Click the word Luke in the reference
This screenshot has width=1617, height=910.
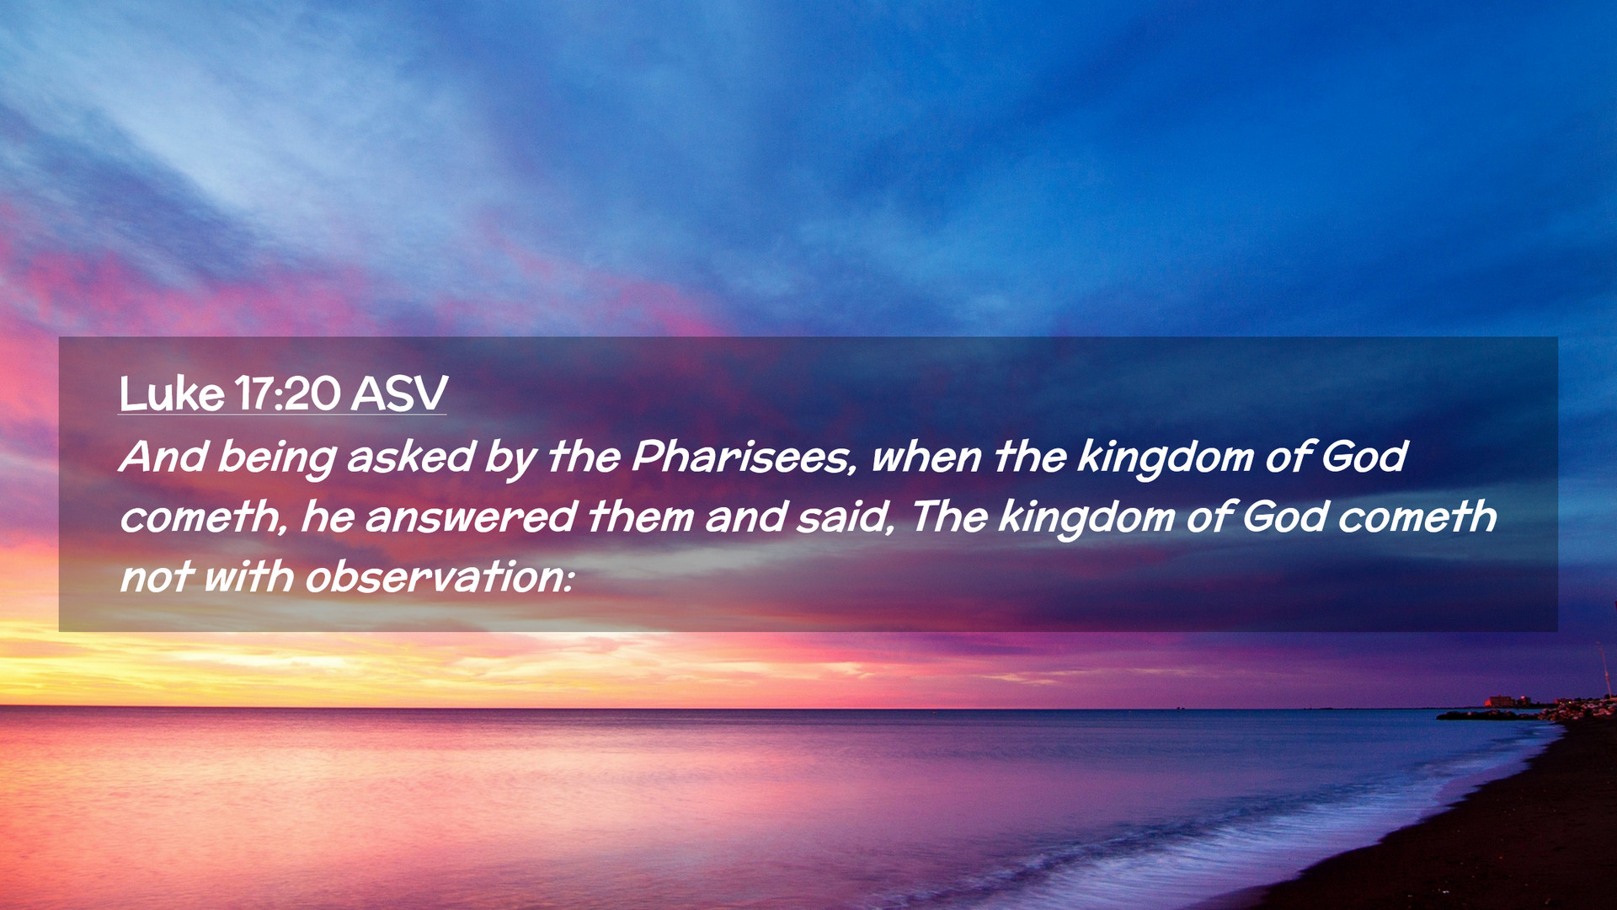[x=172, y=393]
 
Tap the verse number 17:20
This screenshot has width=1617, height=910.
[x=287, y=393]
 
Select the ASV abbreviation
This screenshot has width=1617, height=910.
[x=399, y=393]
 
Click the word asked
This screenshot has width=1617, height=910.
[x=411, y=456]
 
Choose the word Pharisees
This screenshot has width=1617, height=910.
[x=743, y=457]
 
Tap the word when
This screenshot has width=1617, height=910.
[x=926, y=458]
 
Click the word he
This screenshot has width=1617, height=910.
[x=327, y=517]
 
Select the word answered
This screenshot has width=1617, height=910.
[x=471, y=517]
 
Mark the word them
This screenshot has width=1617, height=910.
[x=641, y=517]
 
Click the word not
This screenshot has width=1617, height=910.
[x=157, y=578]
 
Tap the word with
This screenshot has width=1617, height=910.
[x=248, y=577]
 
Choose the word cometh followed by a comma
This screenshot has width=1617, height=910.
[x=202, y=517]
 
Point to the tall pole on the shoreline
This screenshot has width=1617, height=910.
[x=1604, y=671]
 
